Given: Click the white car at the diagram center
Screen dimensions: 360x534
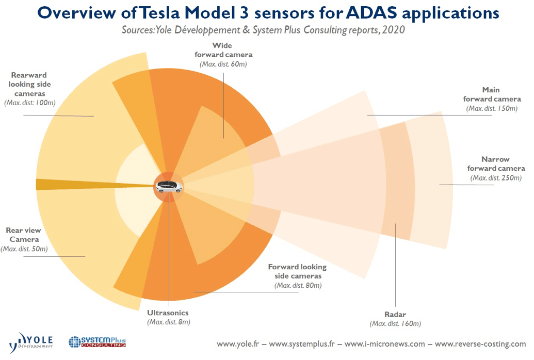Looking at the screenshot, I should click(169, 187).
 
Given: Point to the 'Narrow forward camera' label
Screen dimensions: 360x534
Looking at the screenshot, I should click(496, 164).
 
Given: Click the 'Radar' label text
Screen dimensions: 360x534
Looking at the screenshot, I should click(395, 314).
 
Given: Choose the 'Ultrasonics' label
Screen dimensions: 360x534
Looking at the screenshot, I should click(168, 313).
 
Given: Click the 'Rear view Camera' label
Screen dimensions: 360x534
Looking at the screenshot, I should click(24, 235).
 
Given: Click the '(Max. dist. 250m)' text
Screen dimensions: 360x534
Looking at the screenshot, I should click(496, 178).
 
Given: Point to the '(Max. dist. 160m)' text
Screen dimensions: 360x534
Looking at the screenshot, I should click(395, 324).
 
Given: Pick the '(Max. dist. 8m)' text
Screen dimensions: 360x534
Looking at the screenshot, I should click(168, 322).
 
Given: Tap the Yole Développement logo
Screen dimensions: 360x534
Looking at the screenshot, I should click(32, 342).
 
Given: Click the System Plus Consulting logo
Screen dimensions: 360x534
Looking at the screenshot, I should click(97, 342).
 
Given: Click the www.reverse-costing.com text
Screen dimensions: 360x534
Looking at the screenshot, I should click(480, 344).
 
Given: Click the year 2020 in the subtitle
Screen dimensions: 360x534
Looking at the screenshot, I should click(394, 30).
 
